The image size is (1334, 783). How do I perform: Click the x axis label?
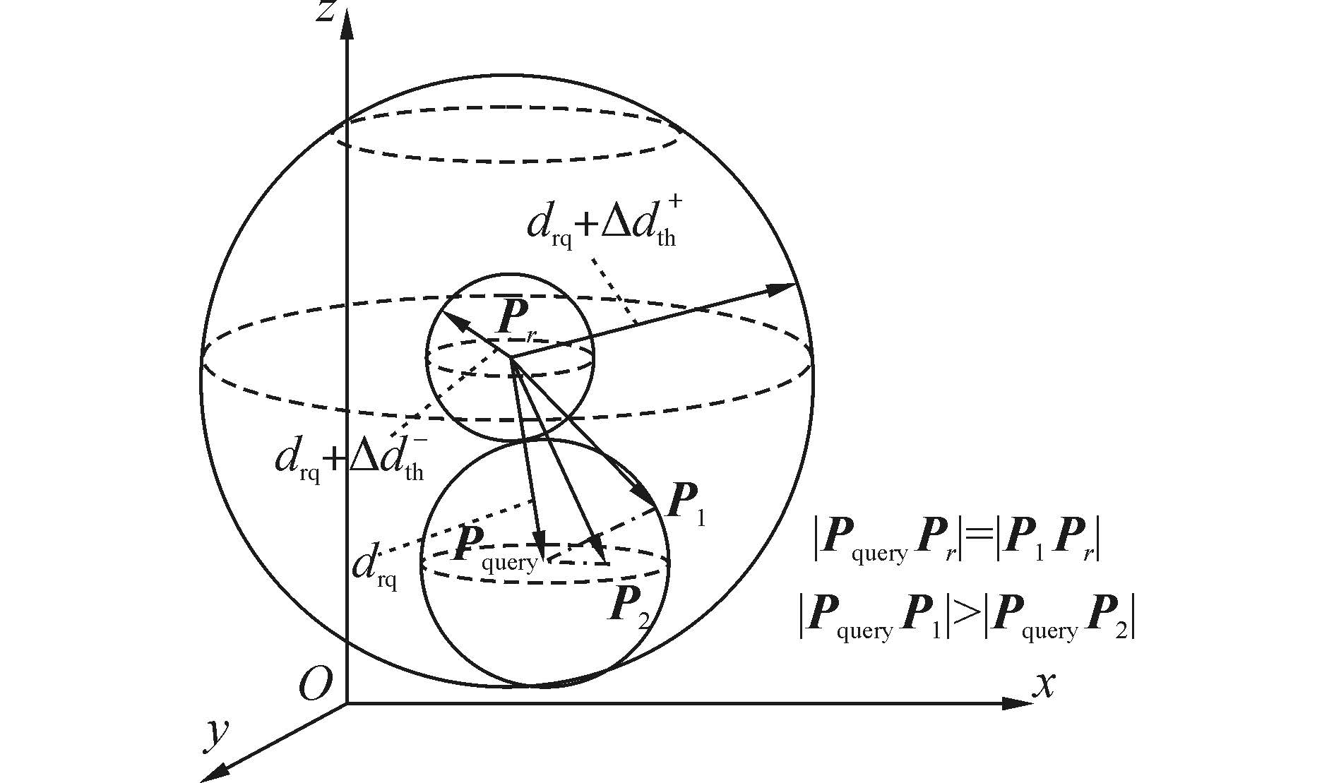coord(1044,683)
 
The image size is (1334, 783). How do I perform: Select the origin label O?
coord(314,683)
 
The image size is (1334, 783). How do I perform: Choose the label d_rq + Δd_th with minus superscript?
coord(351,459)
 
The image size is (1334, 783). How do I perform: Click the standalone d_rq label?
coord(374,568)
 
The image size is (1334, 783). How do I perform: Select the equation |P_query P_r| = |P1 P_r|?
coord(957,544)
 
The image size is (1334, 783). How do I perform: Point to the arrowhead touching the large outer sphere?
coord(784,287)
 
